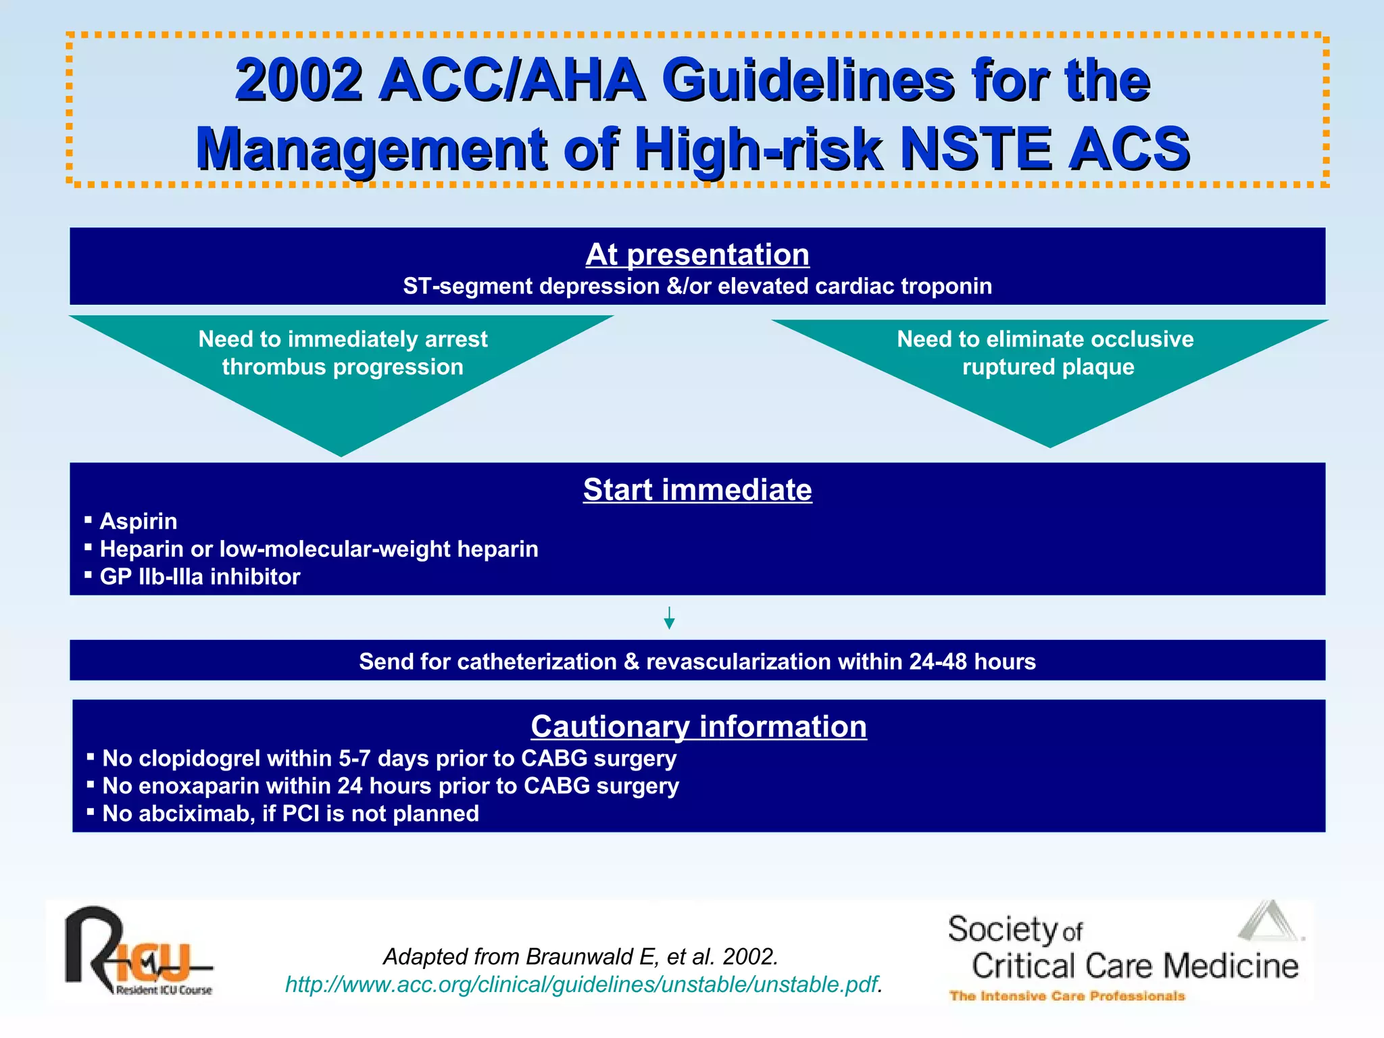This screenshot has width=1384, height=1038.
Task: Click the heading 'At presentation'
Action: (697, 255)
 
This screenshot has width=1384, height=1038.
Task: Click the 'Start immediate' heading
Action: (697, 490)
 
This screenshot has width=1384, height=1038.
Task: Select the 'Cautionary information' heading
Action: (698, 726)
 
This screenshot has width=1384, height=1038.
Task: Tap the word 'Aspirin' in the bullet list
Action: (139, 521)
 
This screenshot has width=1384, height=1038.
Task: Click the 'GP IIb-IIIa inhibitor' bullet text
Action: (200, 576)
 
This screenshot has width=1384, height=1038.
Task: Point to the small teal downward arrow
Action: (669, 618)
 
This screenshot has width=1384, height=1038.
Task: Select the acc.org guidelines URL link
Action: (581, 985)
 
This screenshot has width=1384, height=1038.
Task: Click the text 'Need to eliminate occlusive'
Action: (1045, 339)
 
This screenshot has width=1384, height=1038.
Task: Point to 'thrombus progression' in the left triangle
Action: (343, 366)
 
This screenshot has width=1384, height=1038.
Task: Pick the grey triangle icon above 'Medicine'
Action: (1269, 922)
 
